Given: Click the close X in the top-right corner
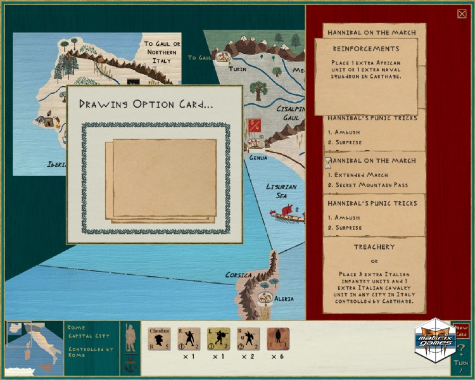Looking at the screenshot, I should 462,14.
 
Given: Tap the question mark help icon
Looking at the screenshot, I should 460,349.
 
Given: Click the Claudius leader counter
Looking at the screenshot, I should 160,338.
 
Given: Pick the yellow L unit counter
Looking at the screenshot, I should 218,338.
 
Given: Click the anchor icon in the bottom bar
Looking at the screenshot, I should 129,365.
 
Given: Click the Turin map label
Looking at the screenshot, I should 237,68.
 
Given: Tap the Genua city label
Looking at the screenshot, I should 258,157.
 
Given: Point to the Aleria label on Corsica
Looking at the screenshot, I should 284,298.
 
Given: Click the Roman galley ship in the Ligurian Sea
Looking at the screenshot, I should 286,213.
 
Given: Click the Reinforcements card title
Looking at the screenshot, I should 366,49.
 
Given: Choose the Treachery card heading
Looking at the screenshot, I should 374,247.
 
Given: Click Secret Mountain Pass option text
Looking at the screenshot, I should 372,185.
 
